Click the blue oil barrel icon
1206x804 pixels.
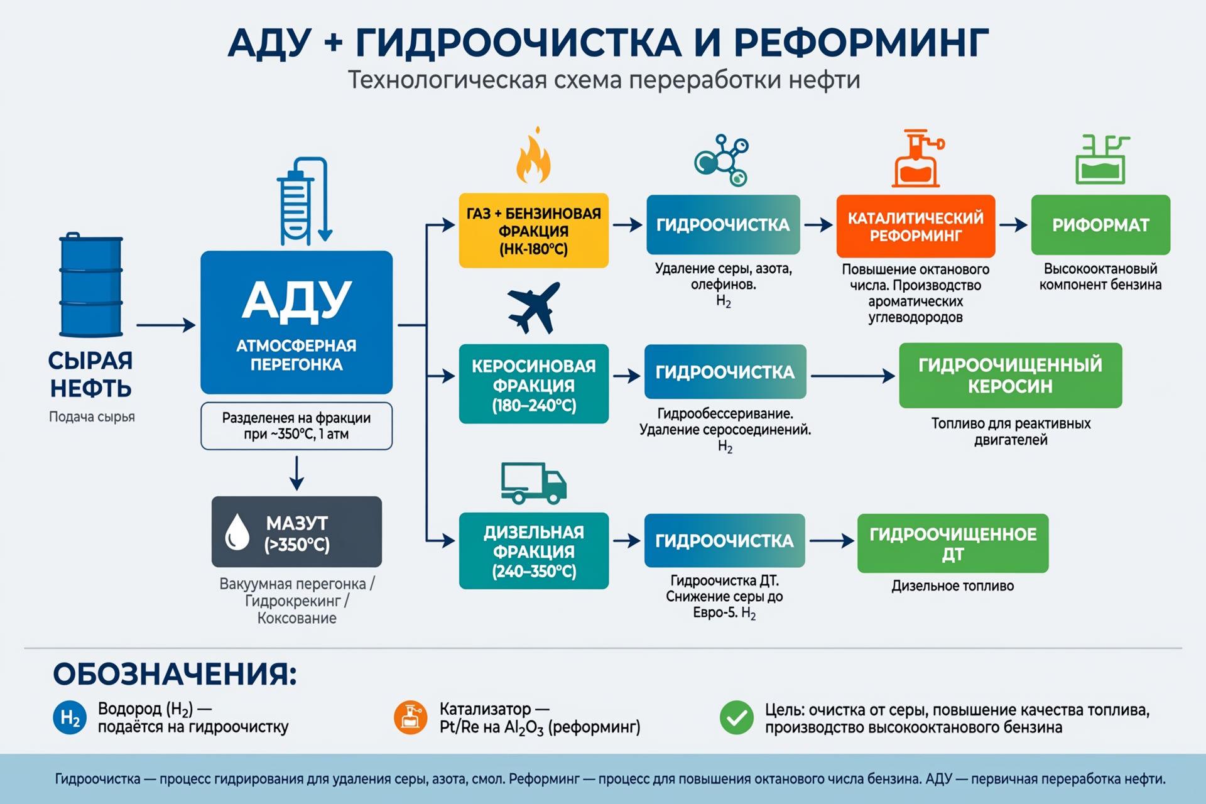click(x=91, y=285)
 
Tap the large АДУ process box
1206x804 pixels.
click(x=296, y=322)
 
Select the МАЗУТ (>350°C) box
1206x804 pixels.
click(x=296, y=531)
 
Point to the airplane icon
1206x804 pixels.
click(x=533, y=307)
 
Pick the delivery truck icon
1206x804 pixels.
click(x=534, y=484)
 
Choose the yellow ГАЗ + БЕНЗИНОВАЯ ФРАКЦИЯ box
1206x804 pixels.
click(x=534, y=231)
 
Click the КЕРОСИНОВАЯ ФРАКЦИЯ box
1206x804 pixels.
click(x=534, y=384)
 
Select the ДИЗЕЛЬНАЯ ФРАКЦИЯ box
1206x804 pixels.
click(x=534, y=551)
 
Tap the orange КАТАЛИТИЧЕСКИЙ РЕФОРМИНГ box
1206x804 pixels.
click(x=916, y=226)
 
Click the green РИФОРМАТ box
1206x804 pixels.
click(x=1100, y=225)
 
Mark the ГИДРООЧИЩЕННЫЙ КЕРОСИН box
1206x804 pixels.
click(x=1011, y=375)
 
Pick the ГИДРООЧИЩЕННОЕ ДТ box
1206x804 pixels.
click(x=953, y=543)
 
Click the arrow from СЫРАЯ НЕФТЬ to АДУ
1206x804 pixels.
click(x=166, y=325)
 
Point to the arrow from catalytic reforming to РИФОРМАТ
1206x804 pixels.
click(x=1013, y=224)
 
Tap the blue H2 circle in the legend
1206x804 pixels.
click(x=70, y=718)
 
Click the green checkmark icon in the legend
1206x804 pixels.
click(x=737, y=718)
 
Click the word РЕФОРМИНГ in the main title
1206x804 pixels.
click(x=861, y=43)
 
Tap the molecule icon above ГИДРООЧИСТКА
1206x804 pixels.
click(x=722, y=160)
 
